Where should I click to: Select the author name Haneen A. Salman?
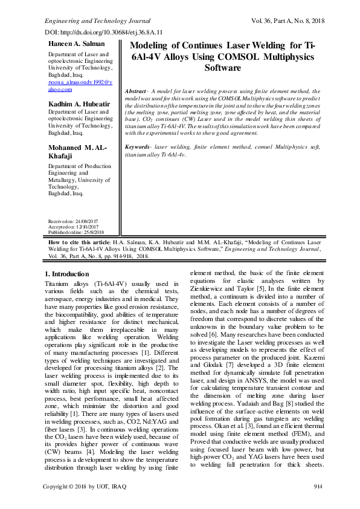point(74,44)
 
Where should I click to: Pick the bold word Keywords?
point(138,147)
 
